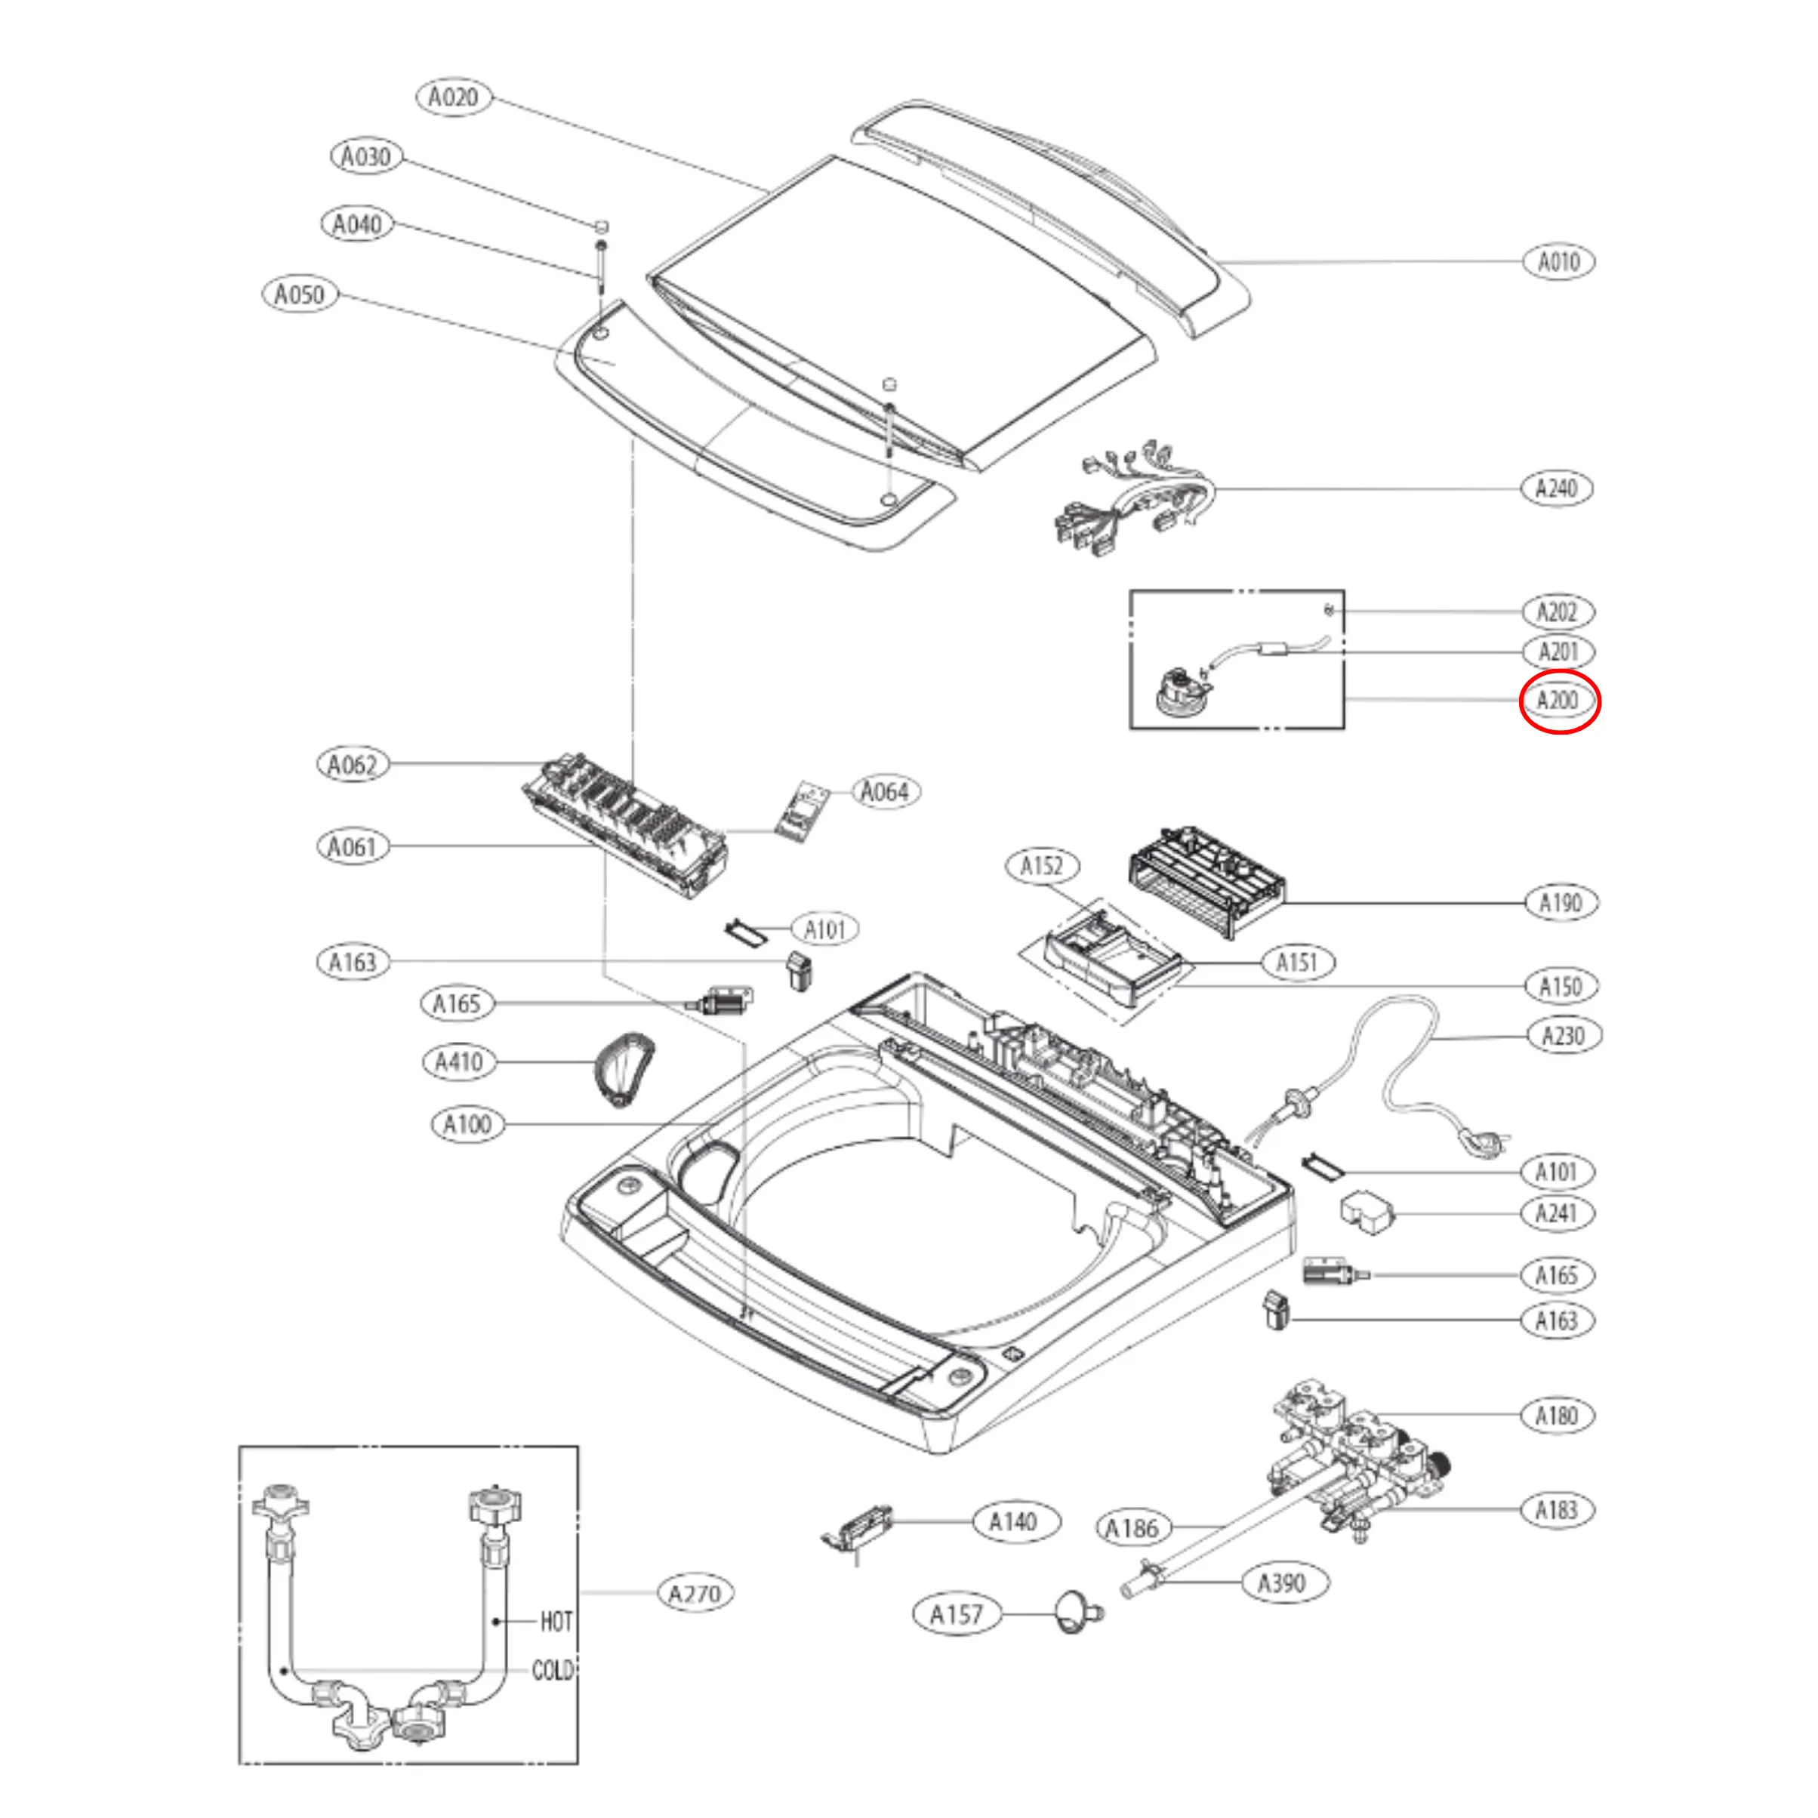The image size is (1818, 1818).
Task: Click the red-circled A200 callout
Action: click(1558, 701)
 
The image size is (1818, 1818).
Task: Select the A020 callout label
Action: click(454, 97)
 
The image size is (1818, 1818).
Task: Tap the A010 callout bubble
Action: click(1558, 261)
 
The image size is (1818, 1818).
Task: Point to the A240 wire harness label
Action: click(1557, 488)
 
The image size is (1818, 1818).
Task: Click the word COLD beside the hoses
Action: click(553, 1670)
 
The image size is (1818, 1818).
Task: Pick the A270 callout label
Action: click(695, 1594)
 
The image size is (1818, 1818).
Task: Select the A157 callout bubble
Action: click(956, 1615)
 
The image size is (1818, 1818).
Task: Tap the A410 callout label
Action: click(459, 1062)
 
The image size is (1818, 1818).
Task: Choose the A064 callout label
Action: click(885, 791)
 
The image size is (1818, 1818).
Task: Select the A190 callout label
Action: click(1560, 904)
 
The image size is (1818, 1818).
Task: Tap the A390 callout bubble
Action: click(1282, 1582)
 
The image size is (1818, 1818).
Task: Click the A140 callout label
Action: click(1012, 1521)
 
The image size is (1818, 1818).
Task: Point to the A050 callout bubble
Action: click(299, 294)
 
